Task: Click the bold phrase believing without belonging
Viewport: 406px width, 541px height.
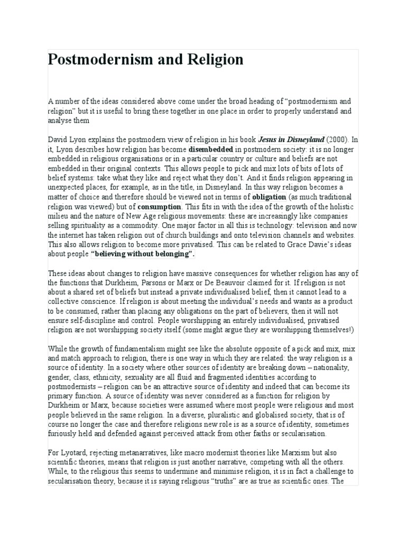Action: tap(143, 254)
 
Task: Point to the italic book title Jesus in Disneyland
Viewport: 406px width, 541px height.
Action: tap(291, 140)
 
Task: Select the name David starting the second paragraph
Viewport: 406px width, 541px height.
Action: tap(58, 140)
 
